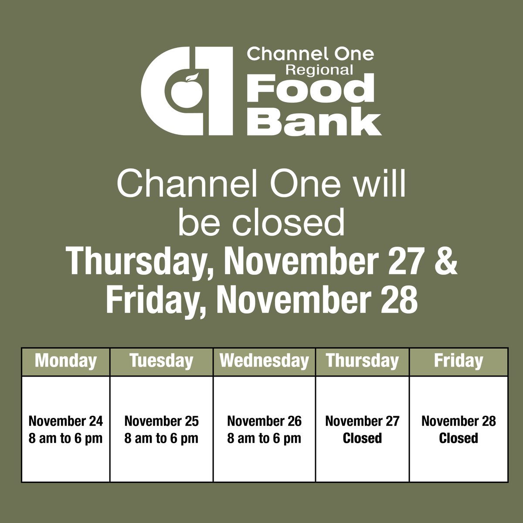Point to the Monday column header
click(x=65, y=361)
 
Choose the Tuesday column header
click(x=161, y=361)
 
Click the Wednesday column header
click(x=264, y=361)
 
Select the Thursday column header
click(x=362, y=361)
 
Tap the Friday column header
click(x=458, y=361)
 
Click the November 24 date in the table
click(x=66, y=421)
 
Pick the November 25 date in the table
click(x=161, y=421)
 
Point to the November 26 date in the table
click(x=264, y=421)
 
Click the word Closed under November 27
click(x=362, y=438)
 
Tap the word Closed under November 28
click(x=458, y=438)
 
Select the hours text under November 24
click(x=66, y=438)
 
